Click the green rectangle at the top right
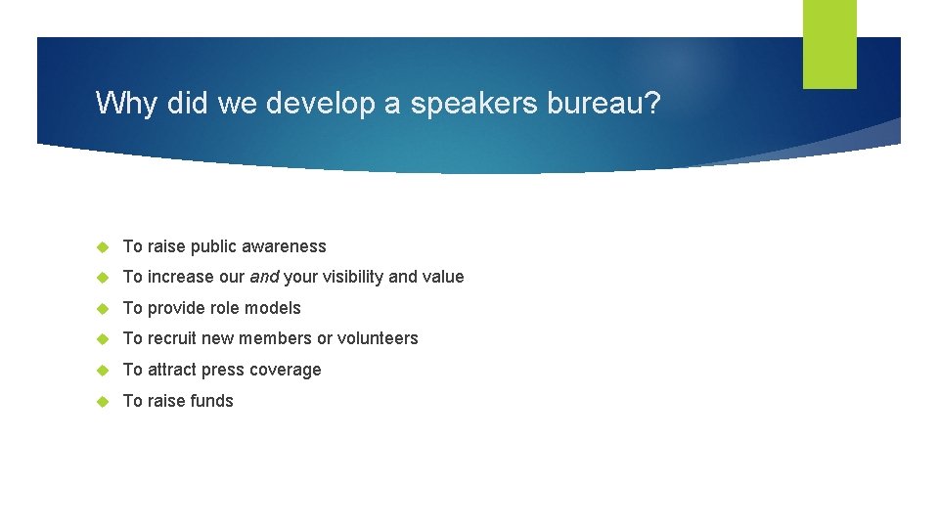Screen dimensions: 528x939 coord(829,43)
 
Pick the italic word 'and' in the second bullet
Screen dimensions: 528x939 coord(264,277)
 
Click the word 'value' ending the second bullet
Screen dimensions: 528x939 coord(443,277)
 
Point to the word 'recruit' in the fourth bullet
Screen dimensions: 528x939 coord(172,338)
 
